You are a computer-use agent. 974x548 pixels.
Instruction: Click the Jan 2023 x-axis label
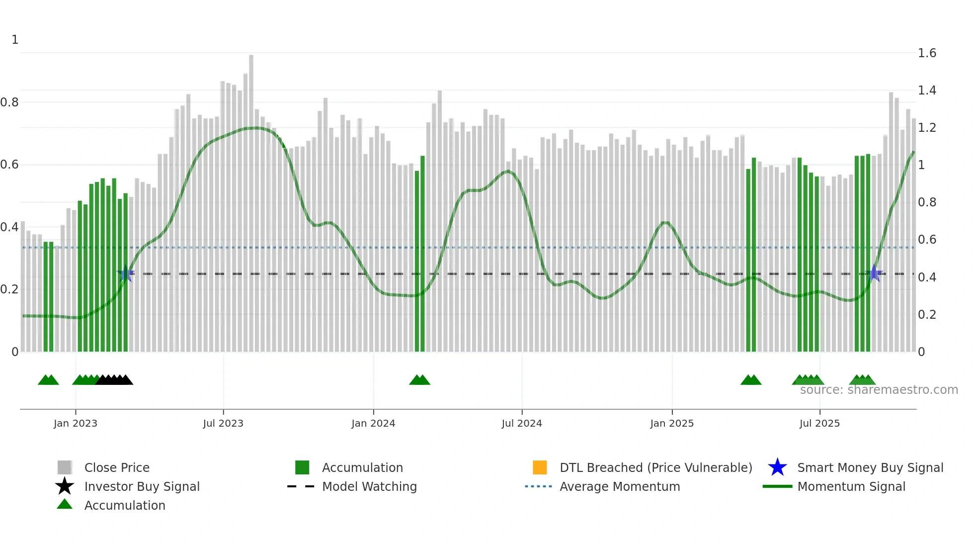(76, 423)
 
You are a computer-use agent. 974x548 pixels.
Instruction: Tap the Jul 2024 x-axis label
(522, 423)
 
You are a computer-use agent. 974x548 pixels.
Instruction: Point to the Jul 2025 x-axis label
(819, 423)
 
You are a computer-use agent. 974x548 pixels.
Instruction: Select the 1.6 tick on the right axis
(927, 53)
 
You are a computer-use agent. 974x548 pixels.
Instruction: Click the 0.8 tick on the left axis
(9, 102)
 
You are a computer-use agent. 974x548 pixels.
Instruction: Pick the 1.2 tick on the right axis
(927, 128)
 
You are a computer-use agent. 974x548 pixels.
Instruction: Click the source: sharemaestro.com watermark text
(879, 390)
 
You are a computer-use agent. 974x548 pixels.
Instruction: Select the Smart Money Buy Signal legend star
(777, 467)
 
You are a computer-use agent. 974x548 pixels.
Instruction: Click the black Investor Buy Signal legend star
(65, 486)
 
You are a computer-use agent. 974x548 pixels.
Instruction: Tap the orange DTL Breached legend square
(540, 467)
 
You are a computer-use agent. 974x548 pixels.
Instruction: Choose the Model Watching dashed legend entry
(301, 486)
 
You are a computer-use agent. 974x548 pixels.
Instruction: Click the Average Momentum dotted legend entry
(539, 486)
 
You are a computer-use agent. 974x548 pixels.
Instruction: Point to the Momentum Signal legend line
(777, 486)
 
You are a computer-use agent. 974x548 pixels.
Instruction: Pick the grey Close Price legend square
(65, 467)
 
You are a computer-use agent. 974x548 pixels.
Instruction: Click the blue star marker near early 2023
(126, 274)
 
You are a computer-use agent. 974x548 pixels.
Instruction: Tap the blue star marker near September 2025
(874, 274)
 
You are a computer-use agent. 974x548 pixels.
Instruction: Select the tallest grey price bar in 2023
(251, 199)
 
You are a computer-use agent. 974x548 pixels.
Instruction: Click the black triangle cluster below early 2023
(114, 380)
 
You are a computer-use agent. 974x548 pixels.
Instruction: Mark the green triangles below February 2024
(419, 380)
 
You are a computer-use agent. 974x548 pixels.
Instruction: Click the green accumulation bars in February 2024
(420, 259)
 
